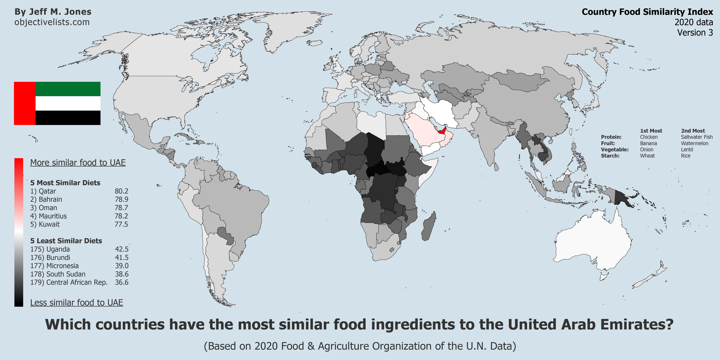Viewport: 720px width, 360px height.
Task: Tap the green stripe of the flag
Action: click(x=68, y=89)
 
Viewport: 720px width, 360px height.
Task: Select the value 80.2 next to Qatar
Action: click(x=121, y=191)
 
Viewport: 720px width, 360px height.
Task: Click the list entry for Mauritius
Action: click(x=49, y=216)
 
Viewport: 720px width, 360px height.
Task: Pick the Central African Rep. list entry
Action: click(x=69, y=282)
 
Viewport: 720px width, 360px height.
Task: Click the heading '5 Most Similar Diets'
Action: click(x=65, y=183)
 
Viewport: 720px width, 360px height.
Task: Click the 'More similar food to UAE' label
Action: click(x=78, y=163)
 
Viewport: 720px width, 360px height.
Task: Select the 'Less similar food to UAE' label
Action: click(x=77, y=303)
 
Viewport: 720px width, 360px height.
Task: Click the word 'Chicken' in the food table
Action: click(x=649, y=137)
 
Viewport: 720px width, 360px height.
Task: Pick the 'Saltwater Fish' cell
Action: click(x=697, y=137)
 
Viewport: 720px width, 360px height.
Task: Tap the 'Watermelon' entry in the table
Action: click(x=695, y=143)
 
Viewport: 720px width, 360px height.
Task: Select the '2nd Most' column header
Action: click(x=693, y=131)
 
